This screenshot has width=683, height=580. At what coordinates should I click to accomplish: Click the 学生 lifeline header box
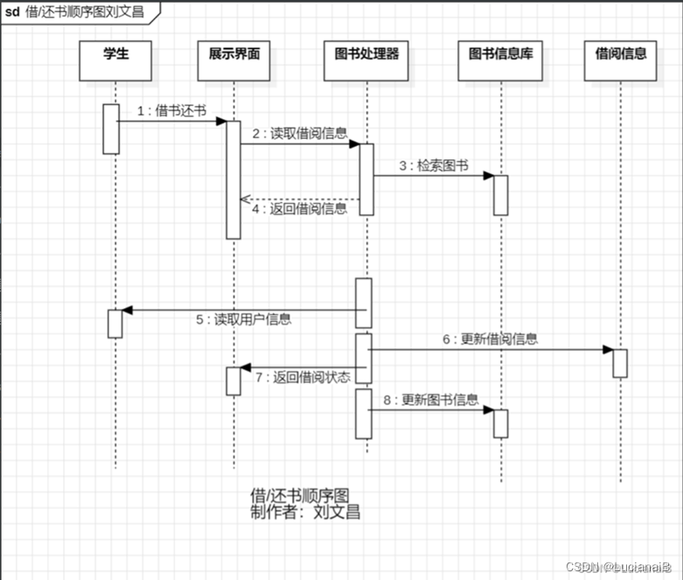pos(115,60)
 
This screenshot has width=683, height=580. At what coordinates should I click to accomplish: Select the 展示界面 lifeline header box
pos(233,60)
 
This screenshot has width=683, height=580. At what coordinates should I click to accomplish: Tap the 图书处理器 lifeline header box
pos(366,60)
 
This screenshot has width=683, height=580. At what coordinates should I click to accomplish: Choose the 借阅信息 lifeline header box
pos(621,60)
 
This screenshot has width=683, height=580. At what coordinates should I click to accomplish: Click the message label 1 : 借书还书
pos(171,110)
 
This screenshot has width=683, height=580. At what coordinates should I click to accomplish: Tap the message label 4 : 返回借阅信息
pos(300,209)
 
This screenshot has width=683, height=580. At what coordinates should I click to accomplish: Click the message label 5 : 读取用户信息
pos(243,319)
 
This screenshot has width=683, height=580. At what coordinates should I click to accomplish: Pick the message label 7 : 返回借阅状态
pos(303,377)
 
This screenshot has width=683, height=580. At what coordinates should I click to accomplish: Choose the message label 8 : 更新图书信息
pos(430,401)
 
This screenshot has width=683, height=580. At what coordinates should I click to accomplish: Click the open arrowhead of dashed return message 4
pos(246,199)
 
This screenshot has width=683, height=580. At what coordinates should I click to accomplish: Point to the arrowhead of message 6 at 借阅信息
pos(607,350)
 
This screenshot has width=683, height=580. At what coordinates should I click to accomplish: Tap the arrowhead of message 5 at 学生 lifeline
pos(127,310)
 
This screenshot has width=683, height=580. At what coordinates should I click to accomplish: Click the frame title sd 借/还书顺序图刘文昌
pos(74,12)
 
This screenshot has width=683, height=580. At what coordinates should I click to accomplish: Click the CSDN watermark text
pos(617,568)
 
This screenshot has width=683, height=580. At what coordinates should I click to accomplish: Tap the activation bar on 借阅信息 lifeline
pos(620,363)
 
